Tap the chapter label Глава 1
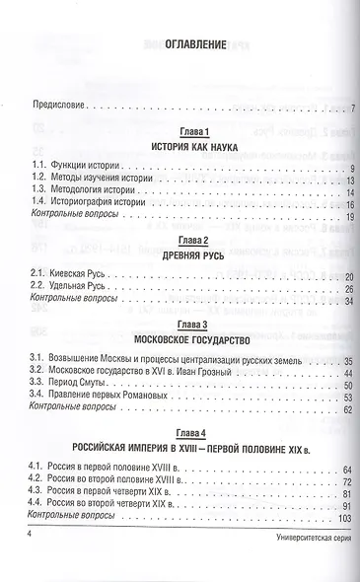click(180, 133)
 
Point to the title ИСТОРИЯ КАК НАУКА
click(180, 147)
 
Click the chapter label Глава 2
click(180, 240)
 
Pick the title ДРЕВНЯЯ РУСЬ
click(180, 254)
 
